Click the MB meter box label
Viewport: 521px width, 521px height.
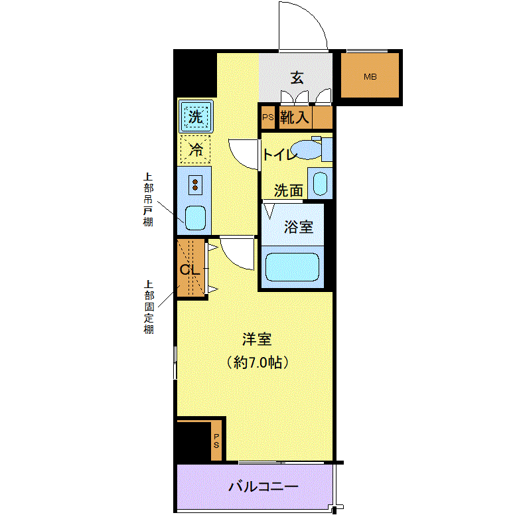pyautogui.click(x=370, y=77)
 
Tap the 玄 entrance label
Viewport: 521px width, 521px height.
pyautogui.click(x=297, y=78)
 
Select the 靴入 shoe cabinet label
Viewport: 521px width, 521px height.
pyautogui.click(x=295, y=117)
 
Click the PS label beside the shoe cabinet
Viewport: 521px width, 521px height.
pyautogui.click(x=268, y=117)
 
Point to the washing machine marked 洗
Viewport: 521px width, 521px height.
pyautogui.click(x=196, y=116)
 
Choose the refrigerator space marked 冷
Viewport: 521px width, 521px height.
pyautogui.click(x=195, y=149)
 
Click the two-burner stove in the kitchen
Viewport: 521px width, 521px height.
pyautogui.click(x=195, y=185)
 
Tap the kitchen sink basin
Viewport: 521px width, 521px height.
pyautogui.click(x=195, y=218)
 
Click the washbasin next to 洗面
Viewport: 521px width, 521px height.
pyautogui.click(x=321, y=183)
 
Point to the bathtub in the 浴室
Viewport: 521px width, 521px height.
pyautogui.click(x=293, y=267)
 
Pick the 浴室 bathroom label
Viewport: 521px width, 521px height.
pyautogui.click(x=299, y=226)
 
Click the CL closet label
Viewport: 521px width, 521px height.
pyautogui.click(x=190, y=269)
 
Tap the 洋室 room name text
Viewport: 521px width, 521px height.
pyautogui.click(x=257, y=339)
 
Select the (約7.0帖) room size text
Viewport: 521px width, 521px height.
pyautogui.click(x=257, y=362)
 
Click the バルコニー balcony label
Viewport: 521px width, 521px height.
pyautogui.click(x=263, y=487)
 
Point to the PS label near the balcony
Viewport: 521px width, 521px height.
pyautogui.click(x=216, y=441)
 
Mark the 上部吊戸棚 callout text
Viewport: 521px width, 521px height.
pyautogui.click(x=148, y=199)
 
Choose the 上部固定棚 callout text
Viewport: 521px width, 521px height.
pyautogui.click(x=149, y=307)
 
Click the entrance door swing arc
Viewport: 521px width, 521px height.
pyautogui.click(x=314, y=17)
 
